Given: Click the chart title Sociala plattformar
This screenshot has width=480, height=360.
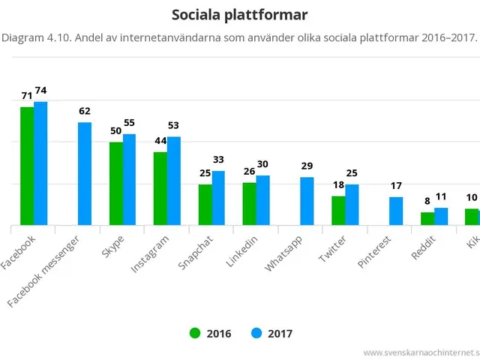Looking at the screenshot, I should tap(239, 15).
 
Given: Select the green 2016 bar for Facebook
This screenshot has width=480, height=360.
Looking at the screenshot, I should tap(27, 166).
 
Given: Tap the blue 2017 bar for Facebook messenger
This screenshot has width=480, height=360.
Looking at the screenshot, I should tap(85, 173).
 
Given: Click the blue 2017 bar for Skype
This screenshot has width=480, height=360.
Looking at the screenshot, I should tap(129, 179).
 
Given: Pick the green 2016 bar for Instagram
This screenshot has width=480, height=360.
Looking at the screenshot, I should tap(160, 188).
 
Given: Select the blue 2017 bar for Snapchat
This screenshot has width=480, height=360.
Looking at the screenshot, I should tap(218, 198).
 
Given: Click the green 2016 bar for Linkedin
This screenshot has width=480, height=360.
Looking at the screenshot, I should tap(249, 203).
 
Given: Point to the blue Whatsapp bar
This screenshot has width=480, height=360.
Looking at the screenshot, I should tap(307, 201).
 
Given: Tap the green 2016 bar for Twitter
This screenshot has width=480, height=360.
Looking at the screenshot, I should tap(338, 210).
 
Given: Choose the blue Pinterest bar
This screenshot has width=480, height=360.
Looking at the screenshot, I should tap(396, 211).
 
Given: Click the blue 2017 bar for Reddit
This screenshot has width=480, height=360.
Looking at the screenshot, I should tap(441, 216).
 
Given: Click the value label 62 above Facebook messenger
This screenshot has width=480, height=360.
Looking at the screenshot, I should tap(85, 112).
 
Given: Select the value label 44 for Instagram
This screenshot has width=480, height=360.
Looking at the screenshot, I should tap(159, 141).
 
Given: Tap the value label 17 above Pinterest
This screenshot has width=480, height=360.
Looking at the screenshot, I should tap(396, 186).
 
